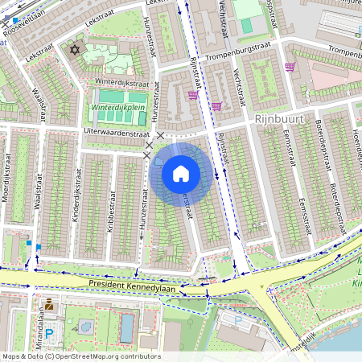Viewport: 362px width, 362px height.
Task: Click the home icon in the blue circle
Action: [x=181, y=173]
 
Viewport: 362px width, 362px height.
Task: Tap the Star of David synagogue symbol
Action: [x=77, y=50]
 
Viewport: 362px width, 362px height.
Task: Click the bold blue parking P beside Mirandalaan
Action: [x=48, y=333]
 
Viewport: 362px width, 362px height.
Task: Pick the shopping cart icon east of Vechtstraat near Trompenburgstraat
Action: [x=290, y=67]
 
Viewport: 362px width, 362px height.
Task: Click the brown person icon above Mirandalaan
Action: [x=49, y=304]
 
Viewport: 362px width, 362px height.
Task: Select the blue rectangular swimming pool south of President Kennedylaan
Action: [x=127, y=328]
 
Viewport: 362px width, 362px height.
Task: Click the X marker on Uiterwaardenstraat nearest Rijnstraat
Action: [x=161, y=136]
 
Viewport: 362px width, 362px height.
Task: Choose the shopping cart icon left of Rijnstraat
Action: [x=192, y=94]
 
